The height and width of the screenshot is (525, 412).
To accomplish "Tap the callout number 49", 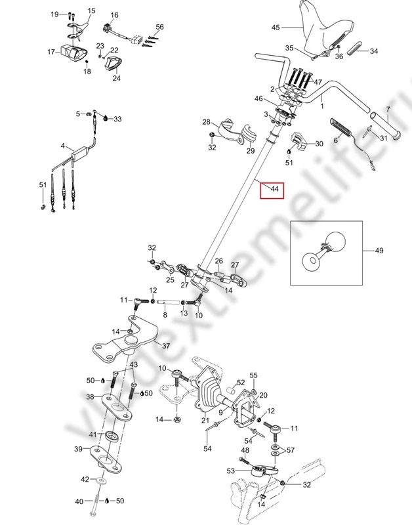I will click(x=379, y=250).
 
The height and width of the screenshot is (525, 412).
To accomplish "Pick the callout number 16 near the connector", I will click(x=115, y=14).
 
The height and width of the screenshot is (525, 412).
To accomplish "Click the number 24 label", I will click(x=117, y=79).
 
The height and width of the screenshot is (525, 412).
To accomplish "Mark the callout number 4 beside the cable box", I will click(x=63, y=146).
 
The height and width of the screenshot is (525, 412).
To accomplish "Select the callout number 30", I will click(x=319, y=144).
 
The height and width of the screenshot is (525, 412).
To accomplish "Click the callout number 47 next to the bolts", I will click(x=318, y=82).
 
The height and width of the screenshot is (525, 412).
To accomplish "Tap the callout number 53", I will click(x=230, y=471).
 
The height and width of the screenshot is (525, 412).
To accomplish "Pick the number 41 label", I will click(x=93, y=434).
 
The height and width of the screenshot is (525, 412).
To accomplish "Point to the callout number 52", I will click(x=241, y=382).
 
